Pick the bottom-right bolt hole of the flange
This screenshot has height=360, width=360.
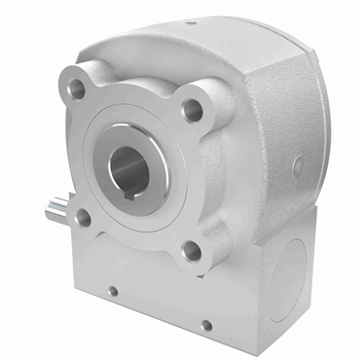tap(193, 251)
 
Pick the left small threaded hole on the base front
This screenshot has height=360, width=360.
tap(113, 290)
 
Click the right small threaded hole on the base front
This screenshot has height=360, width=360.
tap(204, 325)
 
